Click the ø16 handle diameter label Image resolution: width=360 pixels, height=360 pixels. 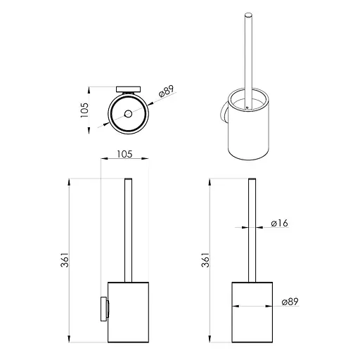(279, 223)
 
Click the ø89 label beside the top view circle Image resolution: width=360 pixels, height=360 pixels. (166, 91)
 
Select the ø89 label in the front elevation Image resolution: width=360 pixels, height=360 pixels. (290, 302)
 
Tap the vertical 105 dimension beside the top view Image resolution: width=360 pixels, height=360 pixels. (84, 110)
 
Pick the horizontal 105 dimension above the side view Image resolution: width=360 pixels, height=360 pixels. (124, 154)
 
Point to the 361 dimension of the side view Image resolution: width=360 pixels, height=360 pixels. (65, 259)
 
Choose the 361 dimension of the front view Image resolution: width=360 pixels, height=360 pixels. (205, 259)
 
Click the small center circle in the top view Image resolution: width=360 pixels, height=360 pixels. (128, 114)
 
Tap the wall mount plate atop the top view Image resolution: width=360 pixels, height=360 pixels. (129, 89)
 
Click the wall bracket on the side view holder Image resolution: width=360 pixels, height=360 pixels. (104, 309)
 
